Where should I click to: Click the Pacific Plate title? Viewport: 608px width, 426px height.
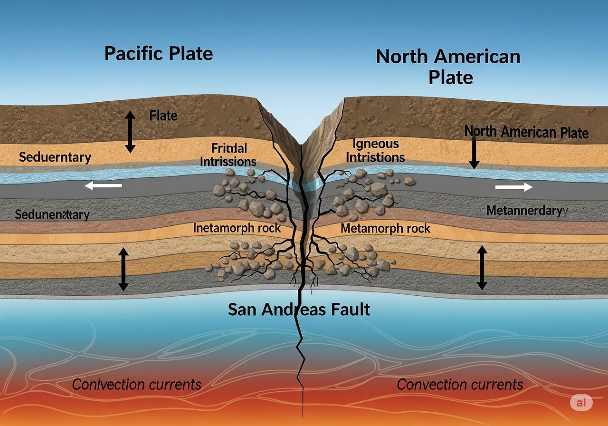coord(159,53)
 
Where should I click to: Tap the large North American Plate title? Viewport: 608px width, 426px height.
coord(448,67)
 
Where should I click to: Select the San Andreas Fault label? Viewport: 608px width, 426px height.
coord(299,310)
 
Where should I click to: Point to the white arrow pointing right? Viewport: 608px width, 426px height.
coord(513,187)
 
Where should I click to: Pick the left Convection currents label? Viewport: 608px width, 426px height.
coord(137,384)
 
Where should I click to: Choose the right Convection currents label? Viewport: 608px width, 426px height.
coord(460,384)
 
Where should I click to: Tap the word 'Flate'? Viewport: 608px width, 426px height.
coord(163,115)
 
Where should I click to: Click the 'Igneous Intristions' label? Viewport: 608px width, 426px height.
coord(375,150)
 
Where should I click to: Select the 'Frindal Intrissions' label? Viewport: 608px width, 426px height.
coord(228,155)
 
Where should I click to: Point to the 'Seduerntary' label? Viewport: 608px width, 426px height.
coord(55,157)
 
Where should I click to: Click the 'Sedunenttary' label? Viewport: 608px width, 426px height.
coord(52,215)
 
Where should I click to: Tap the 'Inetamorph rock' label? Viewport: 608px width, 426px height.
coord(237,228)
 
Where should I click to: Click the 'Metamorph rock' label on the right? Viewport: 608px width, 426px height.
coord(386,229)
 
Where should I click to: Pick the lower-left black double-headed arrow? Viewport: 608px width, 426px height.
coord(123,269)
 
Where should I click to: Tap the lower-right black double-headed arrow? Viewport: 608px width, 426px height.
coord(482,267)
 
